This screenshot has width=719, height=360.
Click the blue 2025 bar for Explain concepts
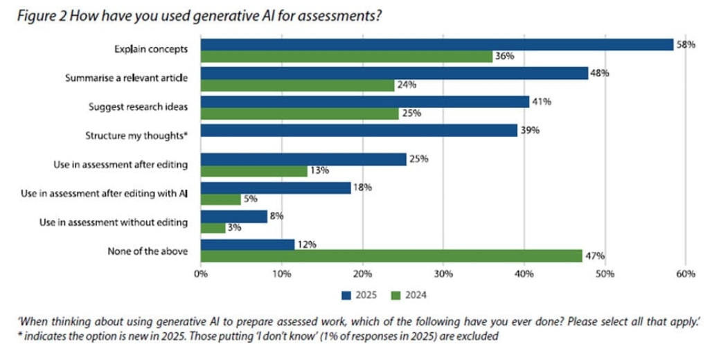436,45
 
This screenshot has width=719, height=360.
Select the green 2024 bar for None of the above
391,256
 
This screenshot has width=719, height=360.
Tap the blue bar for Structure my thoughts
359,131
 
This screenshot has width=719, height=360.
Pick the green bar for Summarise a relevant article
298,85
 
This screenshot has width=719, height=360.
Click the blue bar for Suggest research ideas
365,102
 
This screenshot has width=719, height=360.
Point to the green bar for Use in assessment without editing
213,227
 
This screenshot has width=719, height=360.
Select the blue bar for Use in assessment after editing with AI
276,188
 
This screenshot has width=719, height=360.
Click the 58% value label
686,45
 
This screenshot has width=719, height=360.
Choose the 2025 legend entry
358,295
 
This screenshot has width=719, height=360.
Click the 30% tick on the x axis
443,275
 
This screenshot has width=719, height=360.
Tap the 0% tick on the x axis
201,275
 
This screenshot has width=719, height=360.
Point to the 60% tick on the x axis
685,275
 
